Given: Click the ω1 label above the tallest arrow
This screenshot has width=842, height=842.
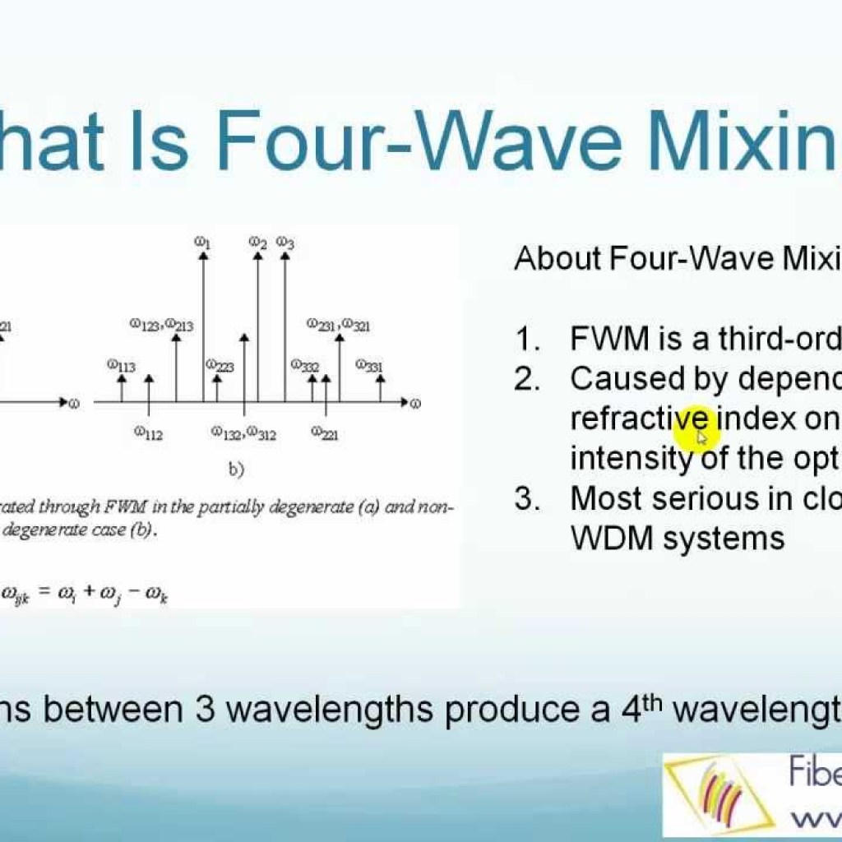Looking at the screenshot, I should [x=203, y=243].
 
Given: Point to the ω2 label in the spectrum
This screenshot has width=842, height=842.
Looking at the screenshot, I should [x=258, y=243].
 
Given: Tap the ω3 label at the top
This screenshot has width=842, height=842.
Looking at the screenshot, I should [x=285, y=243].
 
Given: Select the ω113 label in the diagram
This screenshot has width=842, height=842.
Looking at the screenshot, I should [x=121, y=365].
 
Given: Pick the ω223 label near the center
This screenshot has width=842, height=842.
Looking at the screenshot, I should [x=220, y=365].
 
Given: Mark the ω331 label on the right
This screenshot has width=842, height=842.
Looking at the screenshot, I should [x=369, y=365].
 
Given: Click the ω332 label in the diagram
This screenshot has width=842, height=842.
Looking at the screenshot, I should [x=304, y=365].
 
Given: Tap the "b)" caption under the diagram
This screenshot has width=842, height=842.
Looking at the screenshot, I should [x=237, y=470].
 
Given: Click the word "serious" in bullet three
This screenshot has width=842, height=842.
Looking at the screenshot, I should [x=724, y=498].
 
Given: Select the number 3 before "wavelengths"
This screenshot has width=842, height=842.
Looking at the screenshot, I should [x=206, y=708].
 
